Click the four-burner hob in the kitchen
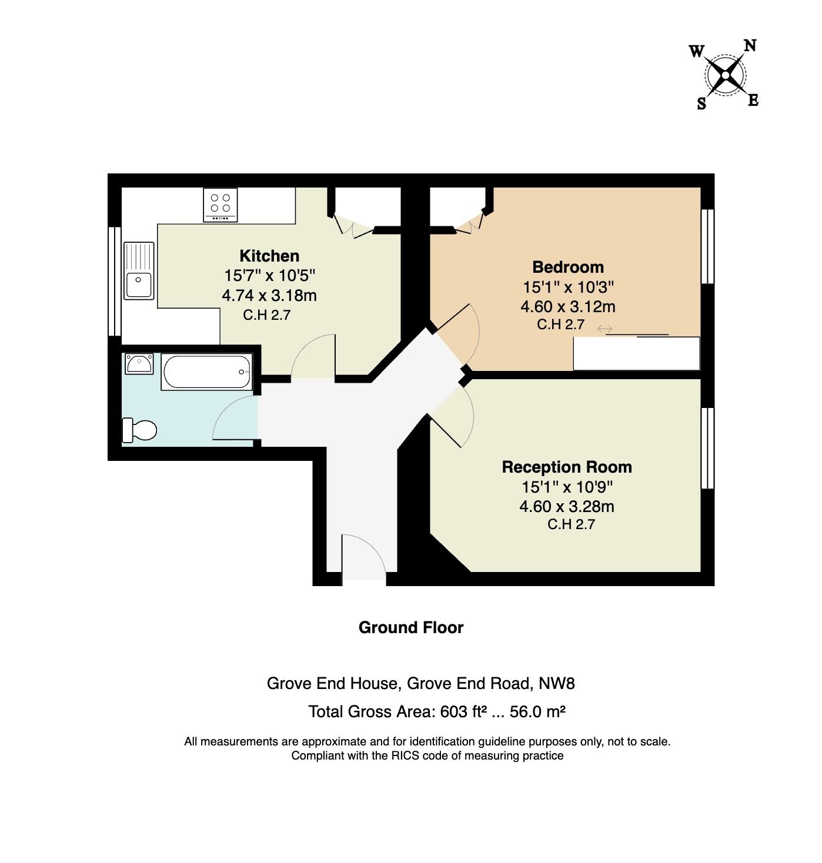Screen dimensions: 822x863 220,205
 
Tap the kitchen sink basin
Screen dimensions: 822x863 139,285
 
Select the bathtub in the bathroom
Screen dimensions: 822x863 206,372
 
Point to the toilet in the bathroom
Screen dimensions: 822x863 139,430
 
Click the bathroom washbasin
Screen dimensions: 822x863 139,364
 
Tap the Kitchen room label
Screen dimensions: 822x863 269,256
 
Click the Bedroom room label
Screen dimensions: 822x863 568,267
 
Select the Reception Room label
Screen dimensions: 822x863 566,467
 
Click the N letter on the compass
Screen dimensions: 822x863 750,45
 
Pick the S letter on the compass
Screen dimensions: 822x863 701,103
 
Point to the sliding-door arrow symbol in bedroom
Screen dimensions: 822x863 604,329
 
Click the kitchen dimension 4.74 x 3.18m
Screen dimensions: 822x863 269,296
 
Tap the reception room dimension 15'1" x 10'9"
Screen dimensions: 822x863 567,487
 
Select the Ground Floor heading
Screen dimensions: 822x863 411,628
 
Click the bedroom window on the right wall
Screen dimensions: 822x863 707,246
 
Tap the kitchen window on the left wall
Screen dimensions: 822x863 115,281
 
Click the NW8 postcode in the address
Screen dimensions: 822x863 557,684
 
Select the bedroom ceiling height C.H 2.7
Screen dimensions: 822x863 561,325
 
